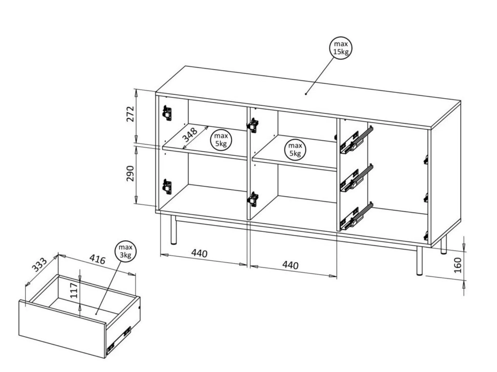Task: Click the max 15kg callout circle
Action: (340, 48)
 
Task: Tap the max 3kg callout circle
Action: (126, 251)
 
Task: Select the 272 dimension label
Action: (130, 114)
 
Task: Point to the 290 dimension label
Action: (130, 173)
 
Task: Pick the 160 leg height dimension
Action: (457, 265)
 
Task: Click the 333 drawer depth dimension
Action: (39, 265)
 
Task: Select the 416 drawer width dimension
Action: (97, 260)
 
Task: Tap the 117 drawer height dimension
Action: (74, 291)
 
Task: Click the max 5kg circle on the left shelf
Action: (221, 140)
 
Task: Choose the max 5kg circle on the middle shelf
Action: (295, 150)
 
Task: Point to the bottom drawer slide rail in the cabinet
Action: (356, 216)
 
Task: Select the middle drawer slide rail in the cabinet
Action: (356, 178)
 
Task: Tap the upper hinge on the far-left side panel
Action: (167, 113)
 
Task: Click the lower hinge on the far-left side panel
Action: (167, 186)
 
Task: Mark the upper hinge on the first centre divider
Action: (253, 125)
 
